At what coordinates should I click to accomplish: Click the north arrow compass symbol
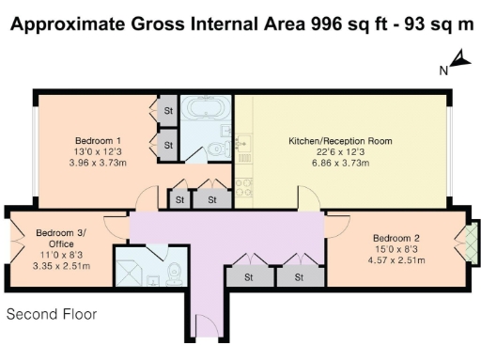pos(460,62)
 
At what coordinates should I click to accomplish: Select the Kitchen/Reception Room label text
pos(340,141)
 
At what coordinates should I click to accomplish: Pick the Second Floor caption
pos(52,315)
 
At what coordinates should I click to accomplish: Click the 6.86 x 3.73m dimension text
pos(340,163)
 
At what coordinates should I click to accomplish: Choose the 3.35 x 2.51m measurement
pos(57,266)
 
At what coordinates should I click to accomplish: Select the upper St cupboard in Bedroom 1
pos(169,111)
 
